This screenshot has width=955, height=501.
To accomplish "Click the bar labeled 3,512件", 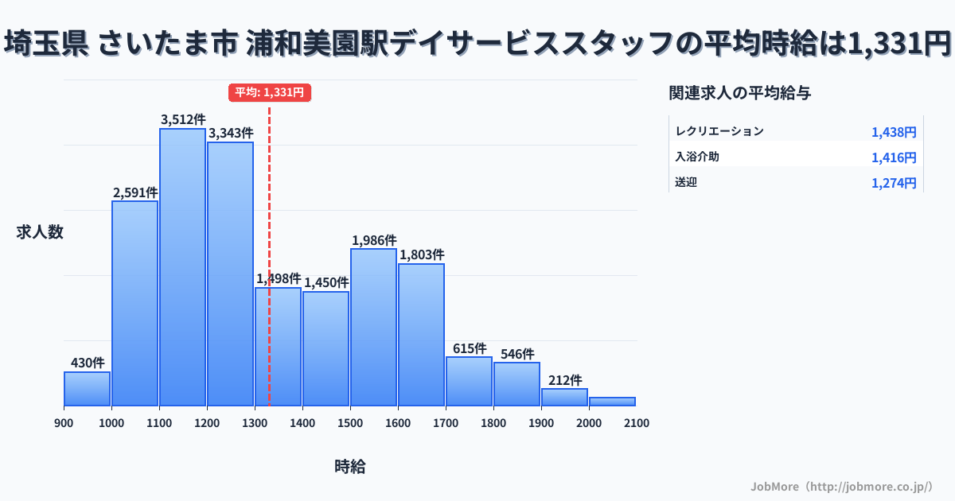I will click(x=182, y=266).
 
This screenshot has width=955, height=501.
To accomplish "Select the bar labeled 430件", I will click(x=87, y=389).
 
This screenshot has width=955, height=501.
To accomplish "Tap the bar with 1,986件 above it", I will click(x=373, y=327).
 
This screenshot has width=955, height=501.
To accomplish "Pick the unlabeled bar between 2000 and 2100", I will click(x=612, y=402).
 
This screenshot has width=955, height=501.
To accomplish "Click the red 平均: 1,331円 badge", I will click(x=269, y=92).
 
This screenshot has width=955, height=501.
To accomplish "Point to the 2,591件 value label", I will click(x=135, y=192).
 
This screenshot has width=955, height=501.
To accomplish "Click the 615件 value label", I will click(x=469, y=348).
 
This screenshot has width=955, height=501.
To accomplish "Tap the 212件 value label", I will click(x=564, y=380).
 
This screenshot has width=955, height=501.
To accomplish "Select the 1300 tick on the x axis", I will click(x=255, y=423).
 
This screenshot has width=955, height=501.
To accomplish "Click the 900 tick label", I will click(x=64, y=423).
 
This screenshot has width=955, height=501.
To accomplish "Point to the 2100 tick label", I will click(x=637, y=423).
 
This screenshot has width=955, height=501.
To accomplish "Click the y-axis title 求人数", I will click(x=40, y=232).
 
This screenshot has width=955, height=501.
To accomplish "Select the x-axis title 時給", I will click(x=350, y=467).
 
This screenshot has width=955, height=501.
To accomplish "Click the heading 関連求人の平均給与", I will click(x=740, y=93).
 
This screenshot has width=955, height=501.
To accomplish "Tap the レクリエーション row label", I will click(x=719, y=131).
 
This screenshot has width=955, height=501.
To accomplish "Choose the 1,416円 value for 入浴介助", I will click(x=894, y=157).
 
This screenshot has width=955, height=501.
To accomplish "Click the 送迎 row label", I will click(x=686, y=182).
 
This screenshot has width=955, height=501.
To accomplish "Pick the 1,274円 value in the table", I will click(x=894, y=183).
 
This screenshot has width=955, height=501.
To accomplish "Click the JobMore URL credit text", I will click(x=841, y=486).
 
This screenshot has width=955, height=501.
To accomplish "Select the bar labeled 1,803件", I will click(x=421, y=335).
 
